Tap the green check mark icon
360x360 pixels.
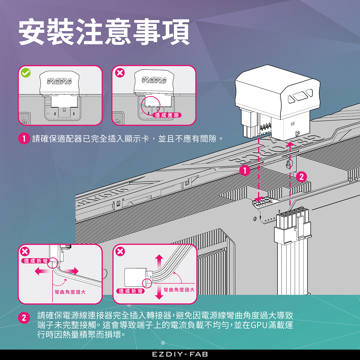coord(26,73)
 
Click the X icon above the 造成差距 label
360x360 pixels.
coord(120,73)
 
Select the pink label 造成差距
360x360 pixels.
coord(167,115)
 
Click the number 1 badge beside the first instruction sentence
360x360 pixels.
coord(24,139)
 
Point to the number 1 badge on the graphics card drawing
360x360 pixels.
coord(245,170)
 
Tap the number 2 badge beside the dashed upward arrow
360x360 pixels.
coord(301,177)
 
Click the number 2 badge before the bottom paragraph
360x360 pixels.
coord(24,318)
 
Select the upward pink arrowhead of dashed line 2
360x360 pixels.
coord(290,145)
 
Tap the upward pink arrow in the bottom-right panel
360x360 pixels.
coord(159,262)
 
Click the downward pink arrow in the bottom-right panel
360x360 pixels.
coord(159,292)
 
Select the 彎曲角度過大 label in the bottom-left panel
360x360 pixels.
coord(70,292)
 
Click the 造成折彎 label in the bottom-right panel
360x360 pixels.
coord(130,291)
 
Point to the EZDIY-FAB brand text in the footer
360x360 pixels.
coord(180,354)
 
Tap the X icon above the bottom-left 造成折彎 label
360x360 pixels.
coord(25,251)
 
